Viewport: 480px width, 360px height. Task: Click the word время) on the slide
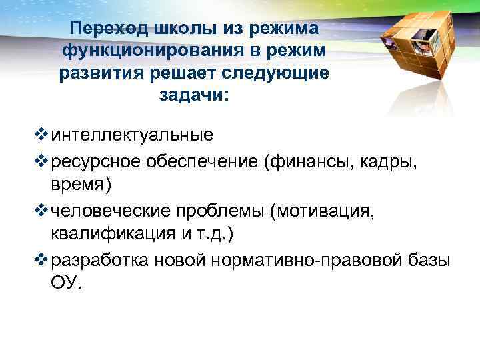coord(77,184)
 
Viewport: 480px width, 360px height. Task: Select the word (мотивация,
coord(323,211)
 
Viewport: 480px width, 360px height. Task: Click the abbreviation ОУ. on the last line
coord(66,283)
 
